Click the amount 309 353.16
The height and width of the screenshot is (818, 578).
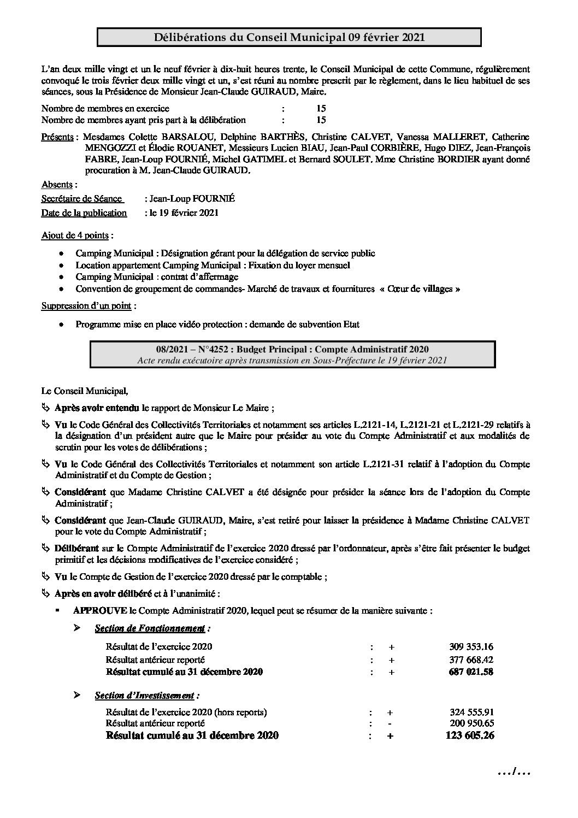tap(471, 646)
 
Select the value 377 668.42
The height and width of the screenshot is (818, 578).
tap(471, 659)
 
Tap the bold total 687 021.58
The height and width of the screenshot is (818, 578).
tap(471, 672)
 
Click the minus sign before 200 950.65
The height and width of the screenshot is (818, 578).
tap(390, 723)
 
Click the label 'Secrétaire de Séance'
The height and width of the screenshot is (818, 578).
tap(81, 199)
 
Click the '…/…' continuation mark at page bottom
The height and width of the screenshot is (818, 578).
tap(514, 772)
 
